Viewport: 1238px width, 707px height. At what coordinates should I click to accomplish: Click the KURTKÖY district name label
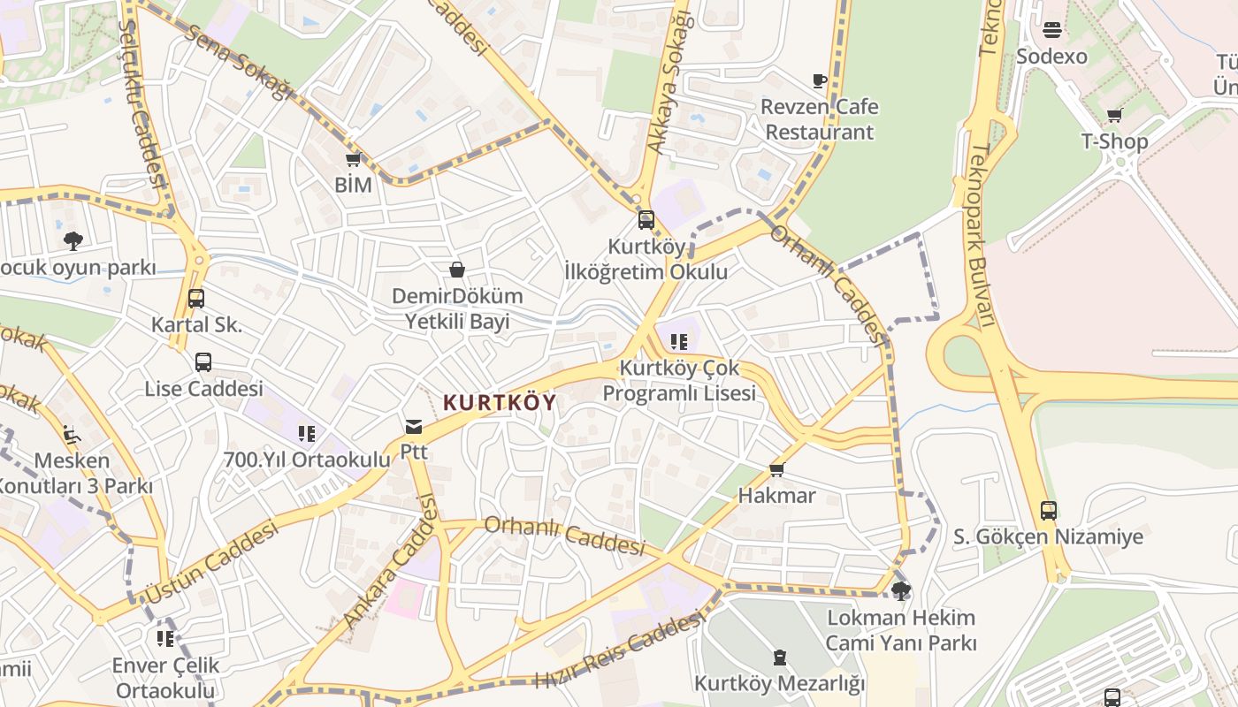coord(500,403)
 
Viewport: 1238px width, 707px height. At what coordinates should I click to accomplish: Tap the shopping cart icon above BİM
coord(353,160)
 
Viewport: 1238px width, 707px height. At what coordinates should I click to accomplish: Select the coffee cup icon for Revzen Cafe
coord(820,80)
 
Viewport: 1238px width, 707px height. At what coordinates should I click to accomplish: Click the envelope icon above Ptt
coord(413,428)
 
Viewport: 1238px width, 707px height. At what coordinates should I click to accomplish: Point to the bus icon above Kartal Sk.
coord(196,299)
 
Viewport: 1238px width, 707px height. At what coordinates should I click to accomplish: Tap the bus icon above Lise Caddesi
coord(203,362)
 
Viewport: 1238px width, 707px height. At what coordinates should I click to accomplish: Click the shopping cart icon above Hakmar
coord(777,469)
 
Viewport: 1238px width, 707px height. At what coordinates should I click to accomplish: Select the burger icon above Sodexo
coord(1051,30)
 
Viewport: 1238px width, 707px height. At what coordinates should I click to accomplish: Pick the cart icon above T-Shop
coord(1115,115)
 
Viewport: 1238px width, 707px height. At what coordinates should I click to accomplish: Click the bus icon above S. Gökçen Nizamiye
coord(1048,510)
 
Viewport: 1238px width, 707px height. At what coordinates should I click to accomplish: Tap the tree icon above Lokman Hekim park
coord(901,590)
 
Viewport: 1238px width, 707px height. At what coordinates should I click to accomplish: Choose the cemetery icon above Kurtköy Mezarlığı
coord(779,658)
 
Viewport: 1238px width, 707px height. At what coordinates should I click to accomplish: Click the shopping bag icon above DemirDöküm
coord(457,270)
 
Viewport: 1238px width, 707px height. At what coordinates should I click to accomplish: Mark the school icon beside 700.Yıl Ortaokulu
coord(307,433)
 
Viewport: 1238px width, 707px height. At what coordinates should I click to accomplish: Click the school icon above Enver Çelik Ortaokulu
coord(165,638)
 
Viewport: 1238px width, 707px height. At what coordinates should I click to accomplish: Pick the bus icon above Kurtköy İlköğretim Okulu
coord(646,220)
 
